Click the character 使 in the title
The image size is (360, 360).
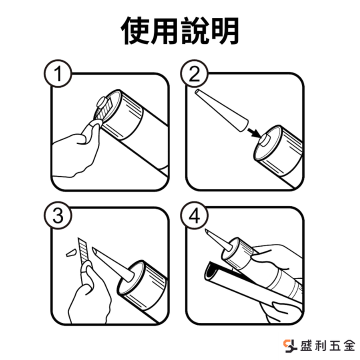point(135,30)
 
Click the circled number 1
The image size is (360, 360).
point(58,73)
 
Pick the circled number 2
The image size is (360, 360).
point(194,73)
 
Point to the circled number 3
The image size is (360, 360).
point(58,215)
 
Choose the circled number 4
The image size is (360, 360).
point(194,215)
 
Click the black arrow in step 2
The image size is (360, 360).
point(254,133)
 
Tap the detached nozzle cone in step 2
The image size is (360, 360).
point(221,110)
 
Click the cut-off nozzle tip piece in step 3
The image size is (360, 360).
point(71,253)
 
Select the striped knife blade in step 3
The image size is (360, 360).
point(82,250)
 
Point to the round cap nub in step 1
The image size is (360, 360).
point(101,102)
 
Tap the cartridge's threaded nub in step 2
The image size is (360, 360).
point(264,140)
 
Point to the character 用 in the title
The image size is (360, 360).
point(165,30)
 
